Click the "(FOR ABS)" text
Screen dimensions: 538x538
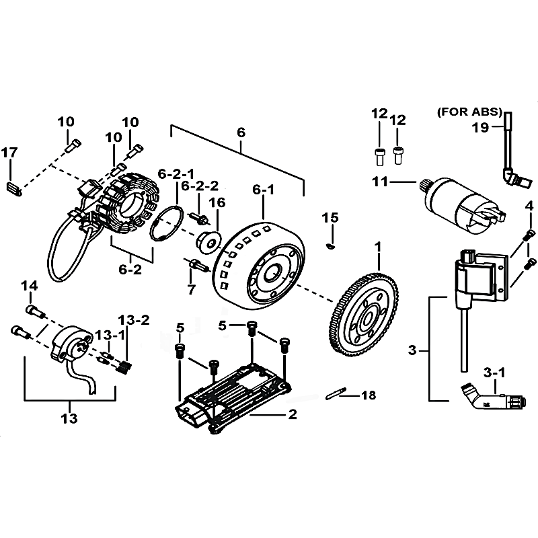[x=469, y=112]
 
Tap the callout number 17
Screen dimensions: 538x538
[x=9, y=153]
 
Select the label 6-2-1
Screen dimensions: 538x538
[x=176, y=174]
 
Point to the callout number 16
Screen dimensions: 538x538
[x=217, y=202]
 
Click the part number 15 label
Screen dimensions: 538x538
[x=330, y=217]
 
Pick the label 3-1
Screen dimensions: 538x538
[x=494, y=373]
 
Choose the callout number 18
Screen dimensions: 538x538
[x=369, y=395]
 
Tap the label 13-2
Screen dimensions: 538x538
[x=134, y=320]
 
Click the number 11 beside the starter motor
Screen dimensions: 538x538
[x=380, y=182]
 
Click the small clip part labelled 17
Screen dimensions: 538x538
[x=14, y=189]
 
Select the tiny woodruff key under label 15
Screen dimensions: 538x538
[x=330, y=245]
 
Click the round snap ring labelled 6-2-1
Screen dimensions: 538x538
[x=166, y=223]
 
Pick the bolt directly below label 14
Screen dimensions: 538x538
[x=36, y=311]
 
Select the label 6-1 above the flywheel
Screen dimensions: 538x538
[x=263, y=190]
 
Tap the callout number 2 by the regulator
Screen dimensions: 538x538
[x=293, y=414]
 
